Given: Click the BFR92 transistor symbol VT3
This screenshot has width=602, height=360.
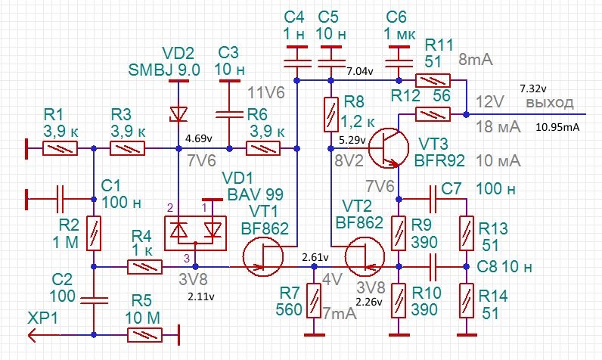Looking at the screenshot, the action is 389,148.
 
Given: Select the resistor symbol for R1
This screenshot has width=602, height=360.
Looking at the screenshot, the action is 60,148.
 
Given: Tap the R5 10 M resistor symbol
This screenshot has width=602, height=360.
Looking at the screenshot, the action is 144,335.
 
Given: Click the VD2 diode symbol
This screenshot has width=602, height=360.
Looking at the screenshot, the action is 178,114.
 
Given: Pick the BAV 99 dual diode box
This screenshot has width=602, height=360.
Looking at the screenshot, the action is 195,234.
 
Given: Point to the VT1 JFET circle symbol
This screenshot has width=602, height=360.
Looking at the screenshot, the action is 263,256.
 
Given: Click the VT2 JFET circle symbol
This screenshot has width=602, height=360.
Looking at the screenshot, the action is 365,256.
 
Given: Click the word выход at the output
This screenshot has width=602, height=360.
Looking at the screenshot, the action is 550,103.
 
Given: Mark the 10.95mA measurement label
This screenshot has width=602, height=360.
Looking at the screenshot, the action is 557,127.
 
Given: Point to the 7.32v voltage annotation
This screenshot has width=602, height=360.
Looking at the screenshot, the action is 533,88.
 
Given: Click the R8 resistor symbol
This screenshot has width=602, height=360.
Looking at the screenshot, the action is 331,115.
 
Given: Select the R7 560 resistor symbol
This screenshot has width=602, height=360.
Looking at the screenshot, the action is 314,300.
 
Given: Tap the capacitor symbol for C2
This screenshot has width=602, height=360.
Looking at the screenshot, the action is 94,300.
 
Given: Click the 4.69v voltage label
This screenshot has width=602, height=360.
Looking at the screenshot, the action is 198,138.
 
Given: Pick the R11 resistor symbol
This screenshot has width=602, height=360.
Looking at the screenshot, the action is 433,81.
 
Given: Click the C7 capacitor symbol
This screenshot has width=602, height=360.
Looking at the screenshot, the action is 433,199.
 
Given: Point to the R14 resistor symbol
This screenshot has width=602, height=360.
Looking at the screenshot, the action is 467,300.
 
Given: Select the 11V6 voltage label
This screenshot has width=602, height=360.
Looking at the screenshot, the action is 266,92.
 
